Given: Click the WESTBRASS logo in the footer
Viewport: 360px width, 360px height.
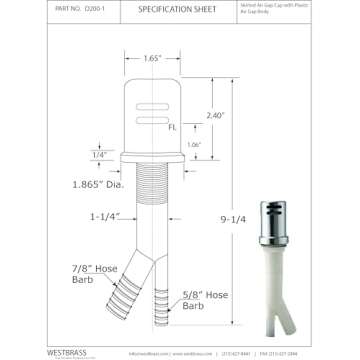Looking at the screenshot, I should (66, 352).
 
